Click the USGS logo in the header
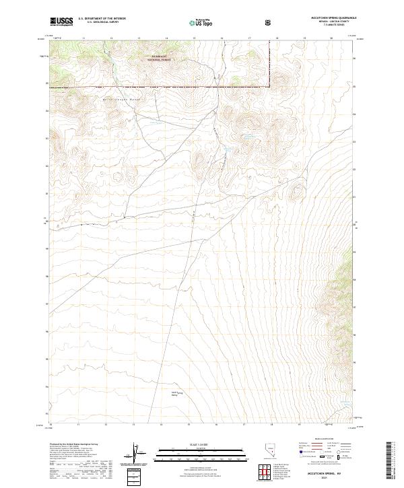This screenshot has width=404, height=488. (x=61, y=22)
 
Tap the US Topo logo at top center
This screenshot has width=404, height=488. (x=203, y=22)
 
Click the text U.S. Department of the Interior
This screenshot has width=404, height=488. (x=102, y=19)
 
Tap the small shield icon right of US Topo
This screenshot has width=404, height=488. (x=269, y=22)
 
